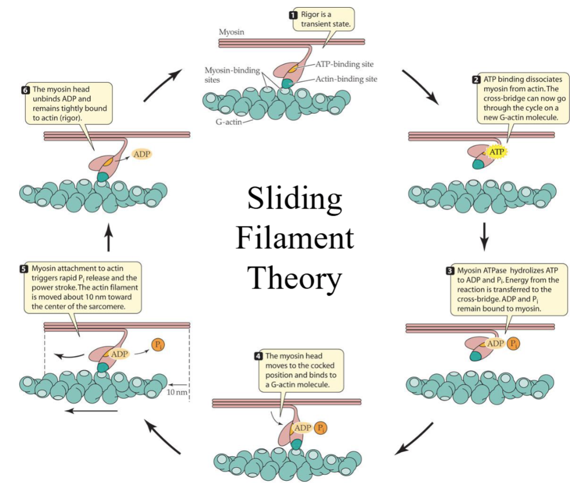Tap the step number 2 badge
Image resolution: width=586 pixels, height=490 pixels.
coord(475,79)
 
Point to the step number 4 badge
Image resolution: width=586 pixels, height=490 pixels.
coord(258,356)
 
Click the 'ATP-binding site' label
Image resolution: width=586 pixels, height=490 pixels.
coord(344,64)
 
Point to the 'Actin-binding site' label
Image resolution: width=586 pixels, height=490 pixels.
coord(346,79)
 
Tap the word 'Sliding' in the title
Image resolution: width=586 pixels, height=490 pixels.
coord(294,199)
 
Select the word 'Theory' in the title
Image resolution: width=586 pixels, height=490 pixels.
coord(294,278)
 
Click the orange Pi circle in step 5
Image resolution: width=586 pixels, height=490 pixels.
coord(158,345)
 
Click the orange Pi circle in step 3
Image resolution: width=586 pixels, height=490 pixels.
coord(513,344)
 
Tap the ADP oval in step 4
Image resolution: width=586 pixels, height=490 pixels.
coord(302,428)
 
